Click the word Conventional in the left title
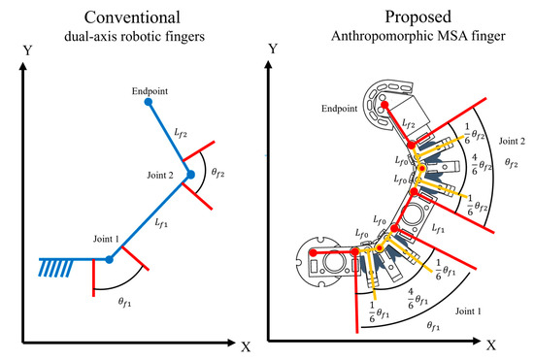pos(132,16)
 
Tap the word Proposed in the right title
pos(402,16)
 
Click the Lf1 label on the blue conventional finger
pos(162,222)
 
